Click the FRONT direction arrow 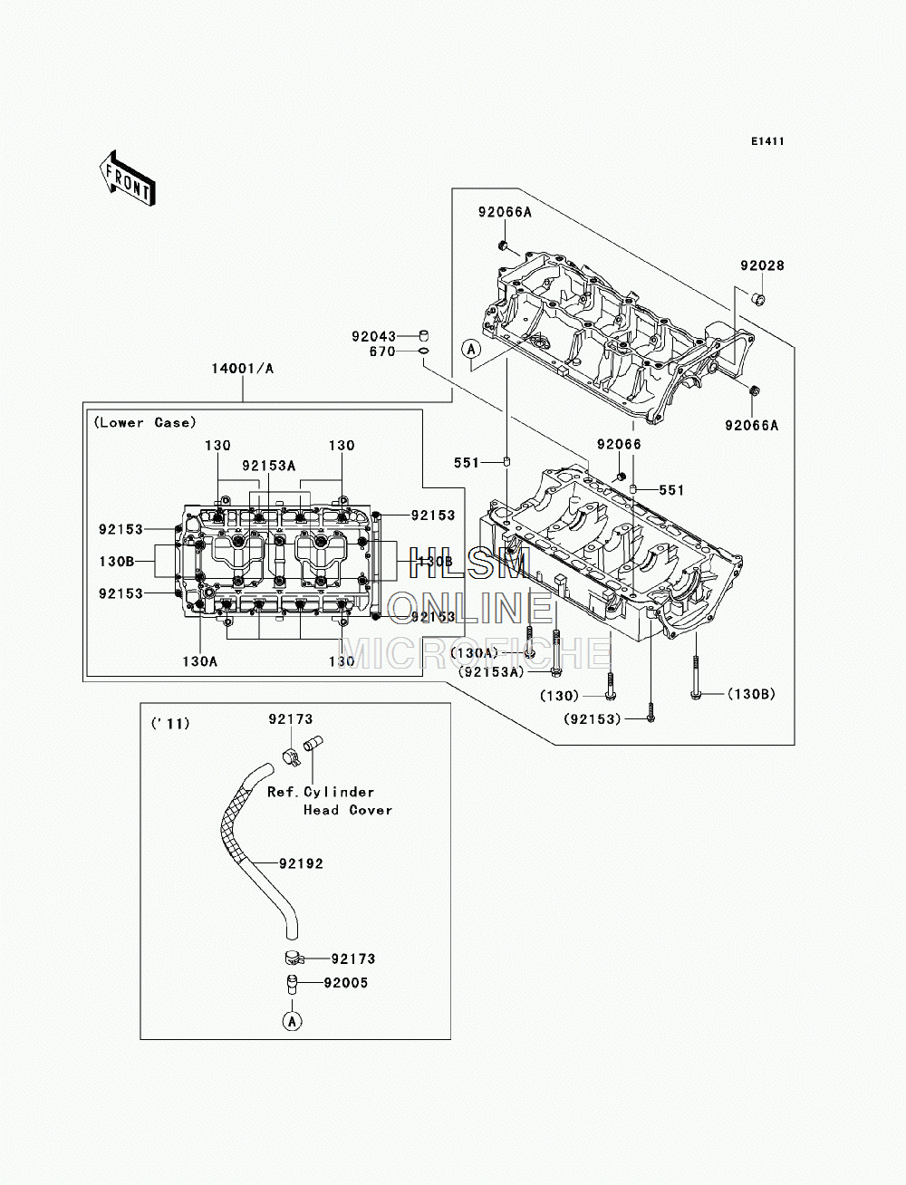[x=126, y=178]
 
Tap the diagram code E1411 [x=767, y=141]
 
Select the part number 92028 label [x=762, y=265]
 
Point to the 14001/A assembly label [x=243, y=369]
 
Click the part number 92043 [x=373, y=337]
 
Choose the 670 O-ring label [x=382, y=352]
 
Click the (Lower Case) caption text [x=145, y=423]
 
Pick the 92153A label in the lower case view [x=269, y=466]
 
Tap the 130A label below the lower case [x=200, y=661]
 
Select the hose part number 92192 [x=301, y=863]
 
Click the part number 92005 [x=345, y=983]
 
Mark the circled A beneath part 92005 [x=292, y=1021]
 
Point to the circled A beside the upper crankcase [x=471, y=350]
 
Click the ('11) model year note [x=170, y=724]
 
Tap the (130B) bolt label [x=752, y=694]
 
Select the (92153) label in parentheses [x=593, y=719]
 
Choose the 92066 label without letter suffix [x=619, y=444]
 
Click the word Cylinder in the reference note [x=339, y=792]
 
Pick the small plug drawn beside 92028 [x=759, y=298]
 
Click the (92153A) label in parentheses [x=491, y=672]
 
